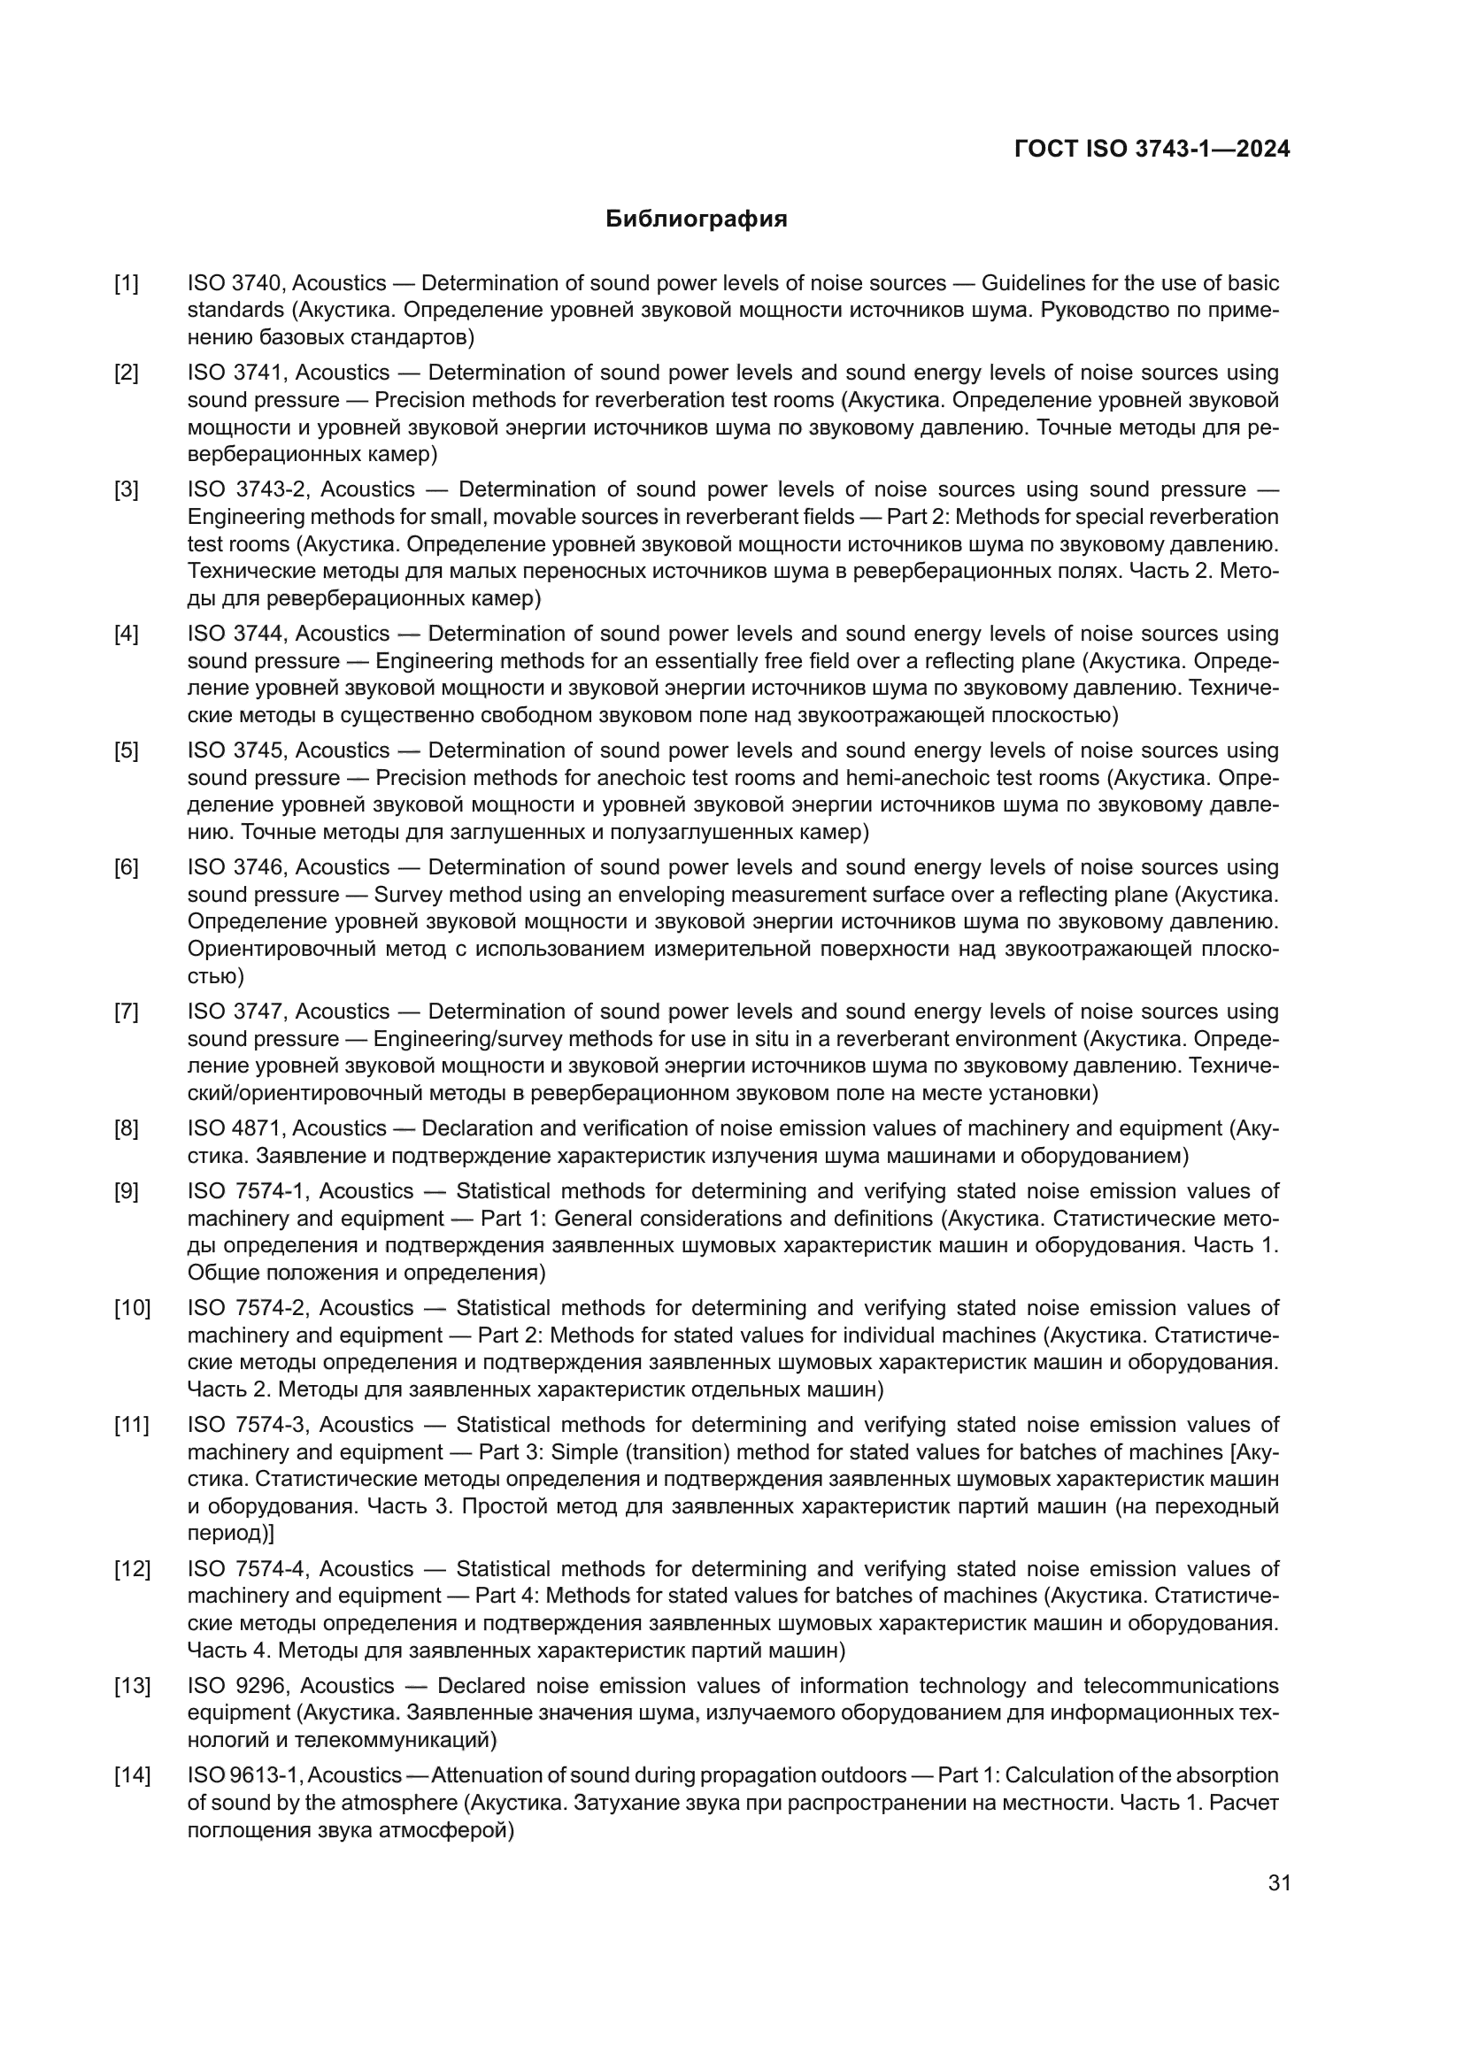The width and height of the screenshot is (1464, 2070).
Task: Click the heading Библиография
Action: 696,219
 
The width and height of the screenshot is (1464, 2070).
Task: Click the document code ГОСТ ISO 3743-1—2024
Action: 1152,149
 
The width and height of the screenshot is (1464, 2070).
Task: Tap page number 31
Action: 1279,1883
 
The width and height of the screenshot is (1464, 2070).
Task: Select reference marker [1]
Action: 127,284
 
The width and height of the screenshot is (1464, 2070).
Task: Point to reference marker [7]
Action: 127,1012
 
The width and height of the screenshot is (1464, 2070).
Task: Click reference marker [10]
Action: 132,1308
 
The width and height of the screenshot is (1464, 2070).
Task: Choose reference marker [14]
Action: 132,1776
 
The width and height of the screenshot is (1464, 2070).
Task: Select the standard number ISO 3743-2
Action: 247,490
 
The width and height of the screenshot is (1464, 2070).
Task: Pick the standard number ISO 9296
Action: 237,1686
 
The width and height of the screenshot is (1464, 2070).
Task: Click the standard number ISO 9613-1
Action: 245,1776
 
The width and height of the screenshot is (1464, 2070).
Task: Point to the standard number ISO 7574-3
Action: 246,1426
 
